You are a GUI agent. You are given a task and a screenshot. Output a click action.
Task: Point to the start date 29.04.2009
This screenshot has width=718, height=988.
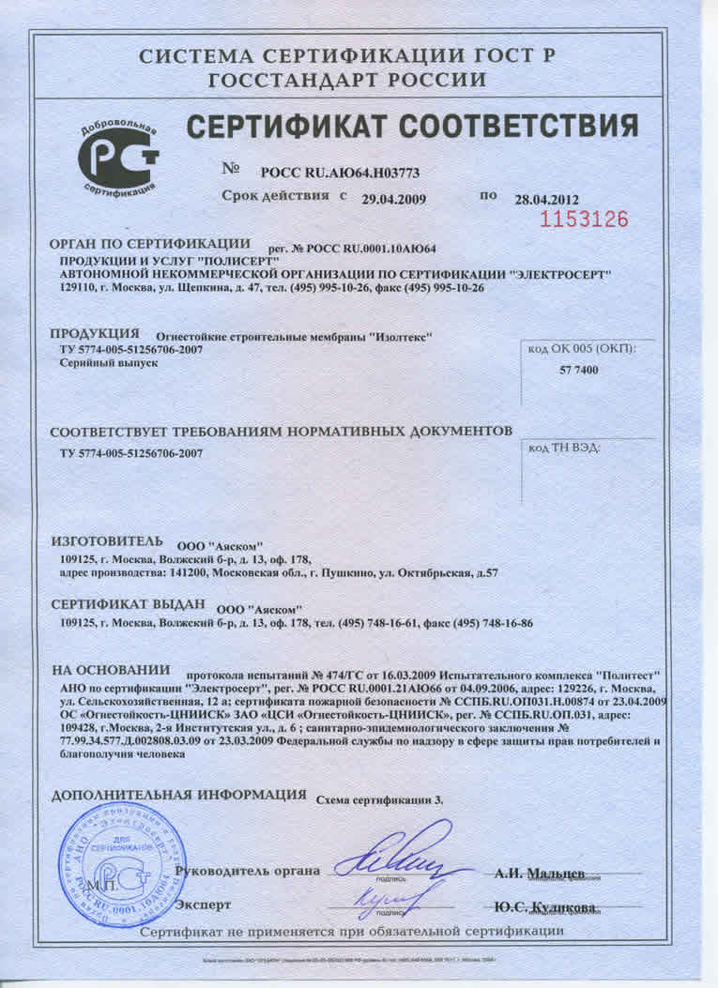[x=394, y=199]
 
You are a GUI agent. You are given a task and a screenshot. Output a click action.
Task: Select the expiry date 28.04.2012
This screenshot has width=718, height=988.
[x=546, y=199]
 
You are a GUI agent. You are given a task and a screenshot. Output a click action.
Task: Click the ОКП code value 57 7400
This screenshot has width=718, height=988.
[x=578, y=372]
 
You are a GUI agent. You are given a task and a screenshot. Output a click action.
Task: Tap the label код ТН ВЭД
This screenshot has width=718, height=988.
[x=563, y=448]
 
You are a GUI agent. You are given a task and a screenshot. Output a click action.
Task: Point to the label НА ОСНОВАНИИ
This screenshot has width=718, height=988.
[x=110, y=671]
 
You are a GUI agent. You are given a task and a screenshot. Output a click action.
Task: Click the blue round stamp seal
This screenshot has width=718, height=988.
[x=119, y=858]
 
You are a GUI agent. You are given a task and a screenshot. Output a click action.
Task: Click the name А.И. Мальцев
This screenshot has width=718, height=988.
[x=540, y=873]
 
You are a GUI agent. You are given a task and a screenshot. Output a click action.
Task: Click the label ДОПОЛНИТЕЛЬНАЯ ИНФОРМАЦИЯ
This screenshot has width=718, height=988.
[x=178, y=795]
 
